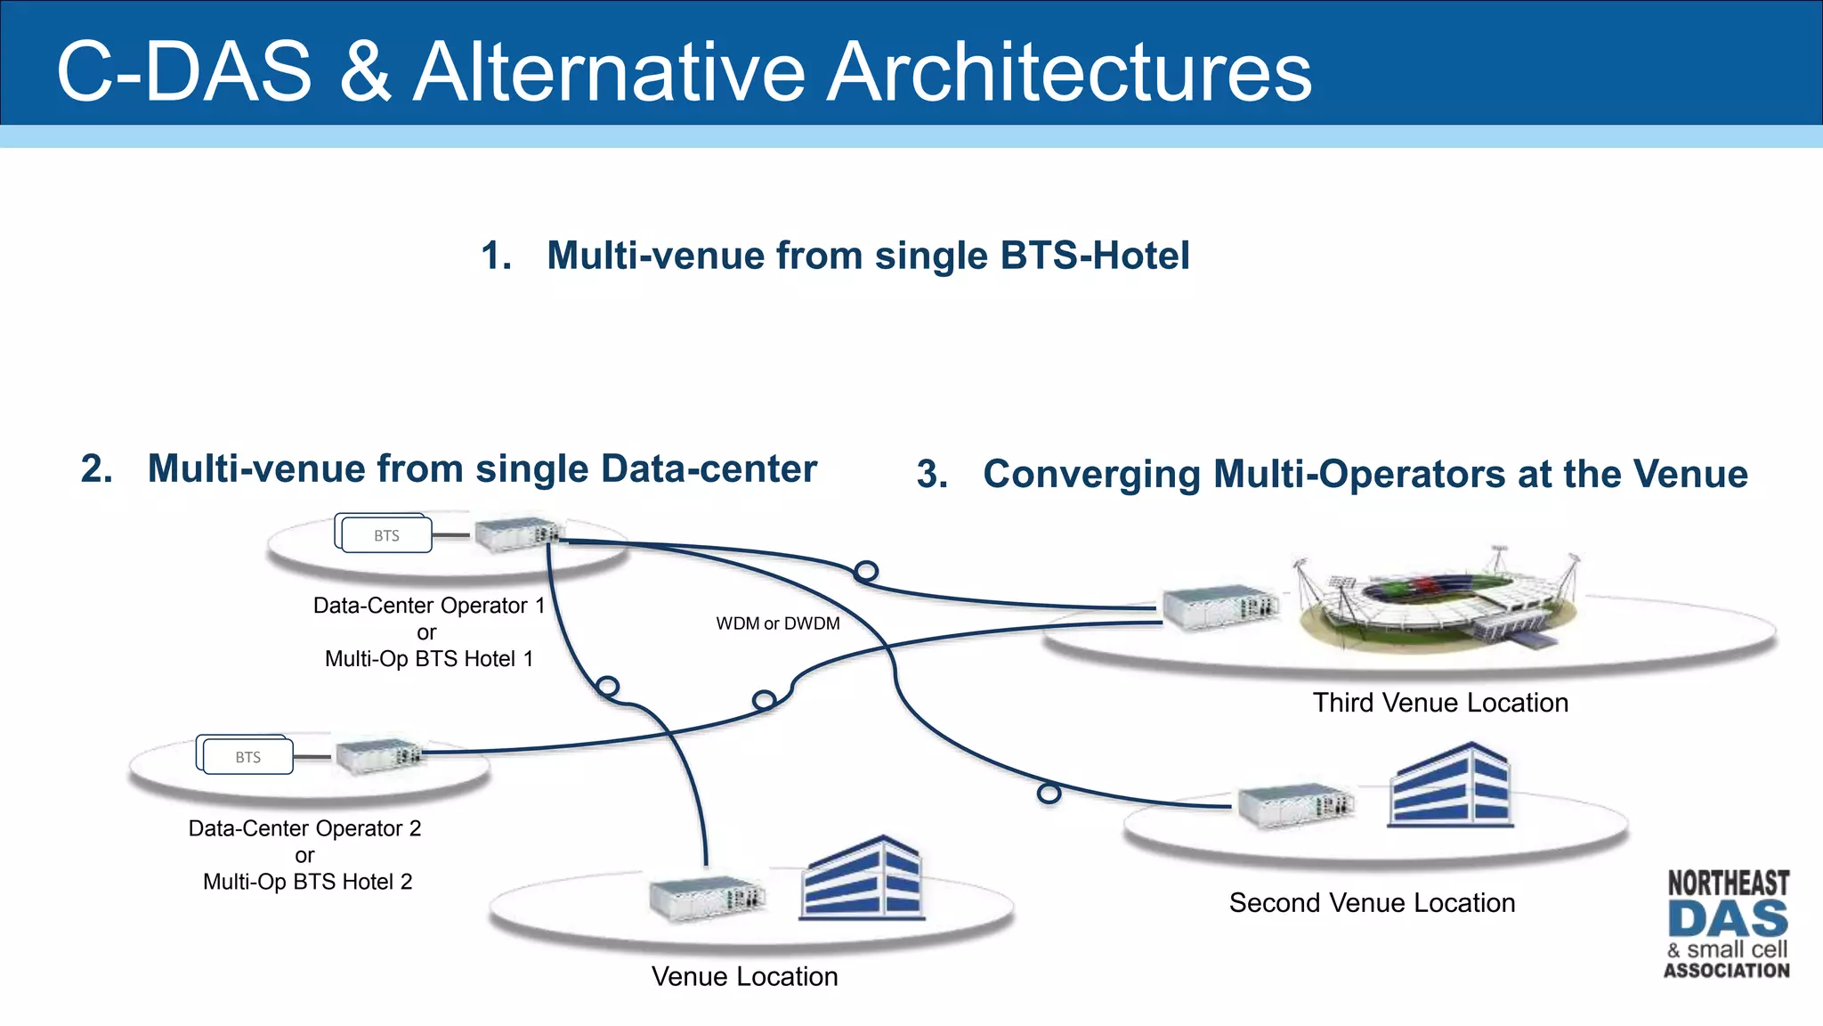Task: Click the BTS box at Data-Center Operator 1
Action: tap(385, 535)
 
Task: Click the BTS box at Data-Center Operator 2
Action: tap(247, 757)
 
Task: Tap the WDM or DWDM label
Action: tap(777, 623)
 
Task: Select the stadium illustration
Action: tap(1435, 598)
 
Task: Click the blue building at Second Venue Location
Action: tap(1449, 786)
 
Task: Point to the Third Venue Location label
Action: tap(1439, 703)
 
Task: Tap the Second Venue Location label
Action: tap(1371, 903)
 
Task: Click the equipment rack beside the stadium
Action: tap(1220, 609)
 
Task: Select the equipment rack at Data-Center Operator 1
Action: tap(519, 534)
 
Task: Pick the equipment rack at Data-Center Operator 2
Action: tap(378, 756)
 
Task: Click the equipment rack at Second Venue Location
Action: tap(1295, 806)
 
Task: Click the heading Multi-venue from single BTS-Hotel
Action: tap(867, 256)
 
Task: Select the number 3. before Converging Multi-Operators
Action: tap(931, 475)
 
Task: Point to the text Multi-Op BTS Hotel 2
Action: tap(307, 882)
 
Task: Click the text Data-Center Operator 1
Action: tap(428, 606)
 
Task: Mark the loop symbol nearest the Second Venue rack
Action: tap(1049, 793)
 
